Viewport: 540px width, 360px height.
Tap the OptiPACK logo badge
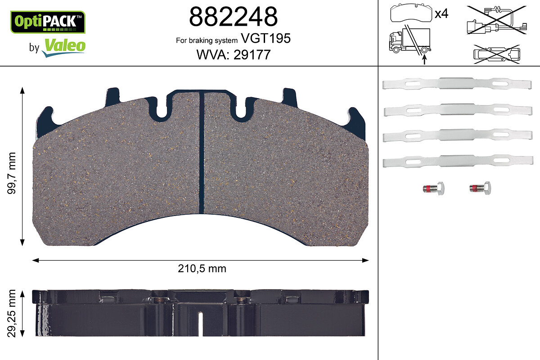48,22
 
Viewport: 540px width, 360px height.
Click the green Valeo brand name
65,45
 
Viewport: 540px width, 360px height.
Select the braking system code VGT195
265,38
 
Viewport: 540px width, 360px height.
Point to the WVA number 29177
252,55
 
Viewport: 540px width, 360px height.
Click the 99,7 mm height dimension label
11,173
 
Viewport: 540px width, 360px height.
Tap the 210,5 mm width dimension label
202,269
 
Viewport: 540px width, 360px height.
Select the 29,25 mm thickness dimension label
11,314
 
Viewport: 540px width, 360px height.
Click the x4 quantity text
441,14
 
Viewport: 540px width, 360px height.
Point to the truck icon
410,40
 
